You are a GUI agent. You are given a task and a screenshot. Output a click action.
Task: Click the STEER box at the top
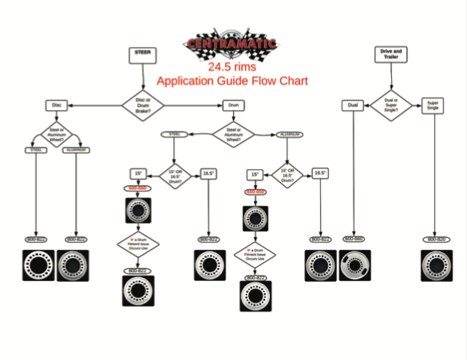click(142, 55)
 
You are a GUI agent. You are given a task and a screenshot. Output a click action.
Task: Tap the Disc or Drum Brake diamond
click(143, 105)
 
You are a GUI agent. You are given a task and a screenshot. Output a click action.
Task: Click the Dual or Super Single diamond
click(391, 105)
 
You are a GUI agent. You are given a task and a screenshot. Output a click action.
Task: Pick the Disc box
click(56, 105)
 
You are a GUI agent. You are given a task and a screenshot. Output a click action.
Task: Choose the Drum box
click(233, 105)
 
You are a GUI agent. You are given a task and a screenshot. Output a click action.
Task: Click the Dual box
click(353, 105)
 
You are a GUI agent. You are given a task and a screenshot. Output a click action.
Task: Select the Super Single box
click(433, 105)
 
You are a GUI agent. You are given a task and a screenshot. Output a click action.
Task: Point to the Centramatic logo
click(231, 44)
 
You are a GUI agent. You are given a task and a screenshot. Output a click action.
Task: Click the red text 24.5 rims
click(232, 67)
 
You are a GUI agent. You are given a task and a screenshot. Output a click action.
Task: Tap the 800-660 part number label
click(354, 239)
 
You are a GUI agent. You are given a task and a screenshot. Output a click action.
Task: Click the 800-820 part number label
click(436, 239)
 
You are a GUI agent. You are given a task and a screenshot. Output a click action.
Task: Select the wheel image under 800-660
click(355, 265)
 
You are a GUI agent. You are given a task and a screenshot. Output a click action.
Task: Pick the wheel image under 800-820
click(436, 265)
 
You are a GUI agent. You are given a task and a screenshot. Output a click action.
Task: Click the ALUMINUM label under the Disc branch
click(76, 150)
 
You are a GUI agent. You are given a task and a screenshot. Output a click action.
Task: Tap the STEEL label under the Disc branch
click(36, 150)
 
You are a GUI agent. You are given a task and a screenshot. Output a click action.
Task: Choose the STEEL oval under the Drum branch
click(174, 134)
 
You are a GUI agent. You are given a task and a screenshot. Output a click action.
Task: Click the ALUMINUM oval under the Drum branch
click(290, 134)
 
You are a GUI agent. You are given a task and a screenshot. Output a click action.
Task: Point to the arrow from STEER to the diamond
click(143, 76)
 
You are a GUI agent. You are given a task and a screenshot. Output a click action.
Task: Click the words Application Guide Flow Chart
click(232, 81)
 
